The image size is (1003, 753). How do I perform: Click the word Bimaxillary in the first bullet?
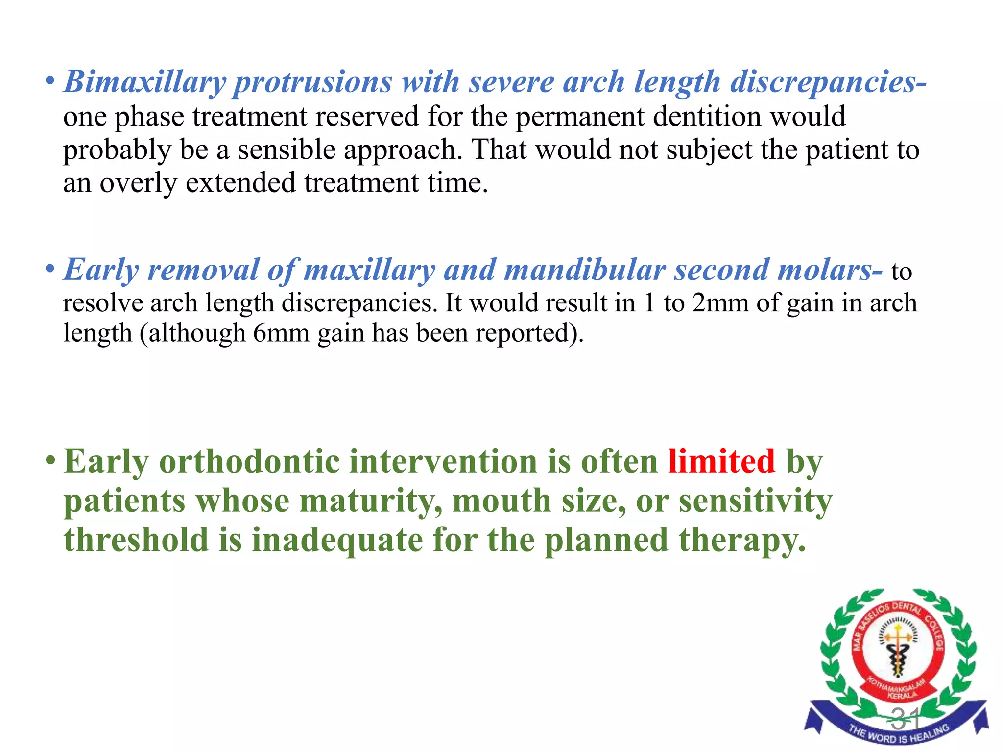[x=144, y=82]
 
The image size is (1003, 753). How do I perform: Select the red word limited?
[x=721, y=462]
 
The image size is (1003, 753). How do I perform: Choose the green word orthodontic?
[x=249, y=462]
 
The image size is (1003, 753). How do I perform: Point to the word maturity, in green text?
[x=371, y=501]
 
